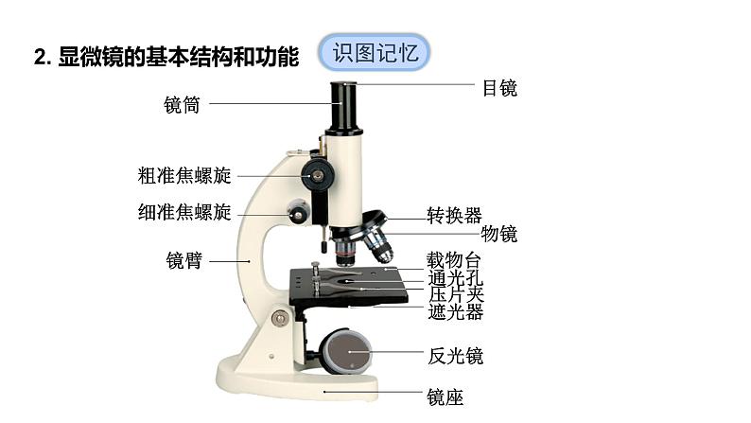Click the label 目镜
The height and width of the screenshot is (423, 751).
[499, 88]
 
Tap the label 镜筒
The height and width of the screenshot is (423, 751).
[182, 105]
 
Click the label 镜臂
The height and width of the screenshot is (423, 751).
[183, 260]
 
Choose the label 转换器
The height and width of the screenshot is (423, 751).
[454, 215]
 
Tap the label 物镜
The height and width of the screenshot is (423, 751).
[499, 234]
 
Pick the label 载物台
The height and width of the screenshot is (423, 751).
[454, 259]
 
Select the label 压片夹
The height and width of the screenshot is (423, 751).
[456, 294]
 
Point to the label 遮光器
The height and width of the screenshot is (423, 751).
[455, 311]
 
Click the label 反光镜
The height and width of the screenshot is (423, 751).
[455, 356]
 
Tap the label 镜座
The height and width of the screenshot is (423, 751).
[445, 397]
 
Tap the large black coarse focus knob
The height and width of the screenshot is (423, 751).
[317, 173]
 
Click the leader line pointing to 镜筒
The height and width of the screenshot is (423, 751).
[269, 104]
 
